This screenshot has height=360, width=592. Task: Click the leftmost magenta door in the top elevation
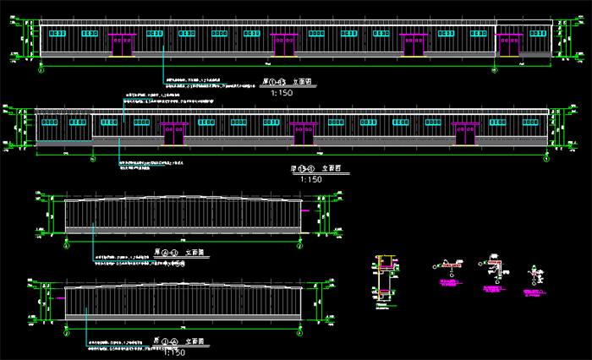pyautogui.click(x=123, y=45)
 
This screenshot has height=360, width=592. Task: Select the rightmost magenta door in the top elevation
pyautogui.click(x=509, y=45)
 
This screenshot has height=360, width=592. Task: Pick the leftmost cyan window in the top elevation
pyautogui.click(x=57, y=34)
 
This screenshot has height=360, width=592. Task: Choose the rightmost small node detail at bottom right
pyautogui.click(x=535, y=275)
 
